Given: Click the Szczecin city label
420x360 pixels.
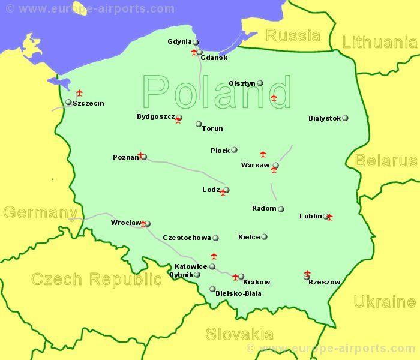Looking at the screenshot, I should (x=88, y=103).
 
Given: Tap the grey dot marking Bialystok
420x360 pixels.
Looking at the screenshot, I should (x=345, y=118).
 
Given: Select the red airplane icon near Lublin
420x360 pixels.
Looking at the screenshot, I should (x=329, y=217).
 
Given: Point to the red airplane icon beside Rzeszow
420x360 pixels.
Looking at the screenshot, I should (x=308, y=274).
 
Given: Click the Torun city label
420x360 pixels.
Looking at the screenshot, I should (x=212, y=128).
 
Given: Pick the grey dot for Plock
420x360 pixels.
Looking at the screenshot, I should (x=234, y=150).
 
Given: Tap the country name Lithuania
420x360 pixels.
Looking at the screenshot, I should (x=379, y=42).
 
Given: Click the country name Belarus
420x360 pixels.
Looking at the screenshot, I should (x=385, y=160).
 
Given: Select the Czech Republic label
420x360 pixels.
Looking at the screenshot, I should (x=96, y=279).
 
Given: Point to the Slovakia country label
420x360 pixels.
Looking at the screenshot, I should (x=239, y=334).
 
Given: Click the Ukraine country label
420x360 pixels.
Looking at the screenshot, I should (x=384, y=301).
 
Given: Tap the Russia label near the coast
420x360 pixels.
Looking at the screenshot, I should (x=293, y=35).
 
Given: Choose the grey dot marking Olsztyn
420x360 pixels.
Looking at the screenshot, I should (x=260, y=83).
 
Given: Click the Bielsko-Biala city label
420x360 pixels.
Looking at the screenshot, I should (x=238, y=293).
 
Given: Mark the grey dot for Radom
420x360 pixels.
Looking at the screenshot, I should (x=281, y=209).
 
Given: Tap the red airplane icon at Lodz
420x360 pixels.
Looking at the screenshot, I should (x=223, y=193).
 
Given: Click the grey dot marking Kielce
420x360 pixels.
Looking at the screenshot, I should (x=264, y=237).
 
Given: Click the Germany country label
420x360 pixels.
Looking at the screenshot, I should (x=40, y=212).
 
